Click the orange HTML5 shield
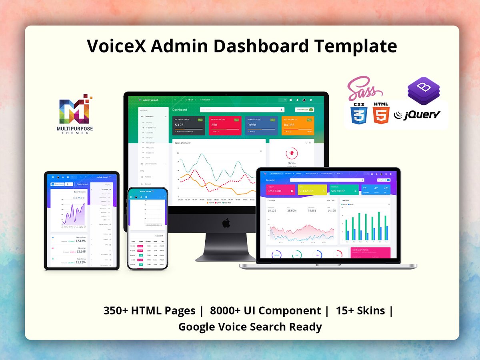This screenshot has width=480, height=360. tap(381, 114)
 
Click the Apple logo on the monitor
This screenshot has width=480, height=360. tap(226, 223)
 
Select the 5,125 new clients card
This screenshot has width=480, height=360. tap(188, 125)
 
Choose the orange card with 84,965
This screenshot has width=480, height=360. tap(298, 125)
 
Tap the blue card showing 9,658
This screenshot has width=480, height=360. tap(262, 125)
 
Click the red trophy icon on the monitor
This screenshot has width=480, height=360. tap(291, 153)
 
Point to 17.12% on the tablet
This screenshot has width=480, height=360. tap(81, 241)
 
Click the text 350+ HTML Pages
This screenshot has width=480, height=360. tap(149, 311)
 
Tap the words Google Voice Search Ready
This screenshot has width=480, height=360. tap(250, 327)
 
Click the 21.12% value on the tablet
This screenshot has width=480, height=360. tap(81, 262)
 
